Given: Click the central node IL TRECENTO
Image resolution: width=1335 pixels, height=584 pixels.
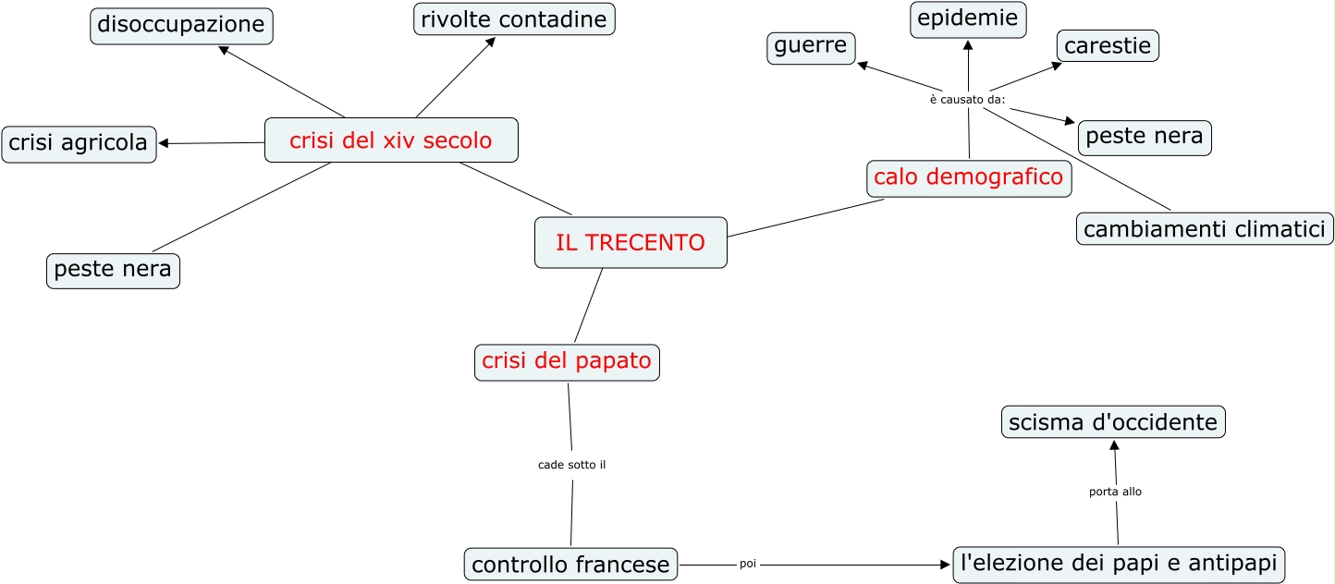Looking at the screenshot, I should [x=631, y=243].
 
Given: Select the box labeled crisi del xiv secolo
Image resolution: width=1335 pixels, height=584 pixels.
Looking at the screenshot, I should [x=391, y=140].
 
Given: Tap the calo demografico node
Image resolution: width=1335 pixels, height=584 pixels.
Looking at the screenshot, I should [x=969, y=177].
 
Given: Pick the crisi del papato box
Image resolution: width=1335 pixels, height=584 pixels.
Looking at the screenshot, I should [x=567, y=361].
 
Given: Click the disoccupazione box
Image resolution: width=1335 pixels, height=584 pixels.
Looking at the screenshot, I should [x=181, y=25].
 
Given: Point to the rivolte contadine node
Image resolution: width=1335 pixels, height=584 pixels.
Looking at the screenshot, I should [x=514, y=19].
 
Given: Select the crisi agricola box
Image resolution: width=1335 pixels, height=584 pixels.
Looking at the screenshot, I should [x=79, y=143].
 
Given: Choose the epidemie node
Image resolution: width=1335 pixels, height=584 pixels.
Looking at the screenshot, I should [x=968, y=18].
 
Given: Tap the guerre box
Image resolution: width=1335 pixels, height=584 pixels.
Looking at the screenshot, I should [x=811, y=48].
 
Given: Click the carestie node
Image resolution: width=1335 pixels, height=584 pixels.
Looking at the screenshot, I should [x=1108, y=45].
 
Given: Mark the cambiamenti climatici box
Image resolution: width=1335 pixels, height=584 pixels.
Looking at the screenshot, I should [x=1205, y=229].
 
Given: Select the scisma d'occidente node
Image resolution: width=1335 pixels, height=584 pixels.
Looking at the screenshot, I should [x=1113, y=422].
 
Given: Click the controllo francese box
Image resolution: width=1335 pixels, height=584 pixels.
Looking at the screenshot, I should [x=570, y=564].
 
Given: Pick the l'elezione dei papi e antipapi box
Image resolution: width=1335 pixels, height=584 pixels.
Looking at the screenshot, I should [x=1119, y=563].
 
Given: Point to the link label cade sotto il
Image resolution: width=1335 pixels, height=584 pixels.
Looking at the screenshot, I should [x=571, y=465].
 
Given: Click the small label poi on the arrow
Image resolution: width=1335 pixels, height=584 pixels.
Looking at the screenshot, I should [x=748, y=564].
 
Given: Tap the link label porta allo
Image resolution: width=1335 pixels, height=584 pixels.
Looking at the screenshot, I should [x=1115, y=492].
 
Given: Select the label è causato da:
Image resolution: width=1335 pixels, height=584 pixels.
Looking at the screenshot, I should [x=967, y=99].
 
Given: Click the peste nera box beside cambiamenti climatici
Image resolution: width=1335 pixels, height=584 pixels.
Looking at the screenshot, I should [x=1144, y=138].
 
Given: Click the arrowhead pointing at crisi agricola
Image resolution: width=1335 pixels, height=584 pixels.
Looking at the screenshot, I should [x=165, y=143].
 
